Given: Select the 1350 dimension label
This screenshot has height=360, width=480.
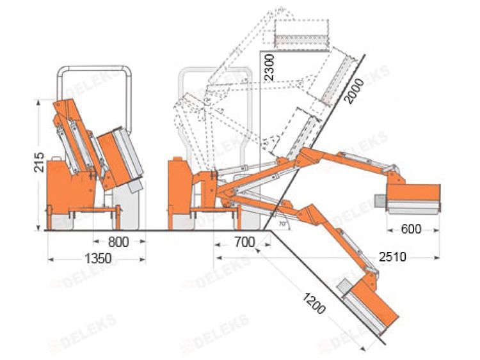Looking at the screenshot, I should coord(98,259).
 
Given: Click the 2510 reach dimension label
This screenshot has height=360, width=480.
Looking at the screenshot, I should coord(391,257).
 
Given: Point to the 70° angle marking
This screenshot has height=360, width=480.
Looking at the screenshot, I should coord(282,224).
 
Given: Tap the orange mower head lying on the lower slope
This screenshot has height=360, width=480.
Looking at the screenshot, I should coord(371,306).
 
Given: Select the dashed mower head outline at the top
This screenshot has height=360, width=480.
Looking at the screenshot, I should coord(301,34).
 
